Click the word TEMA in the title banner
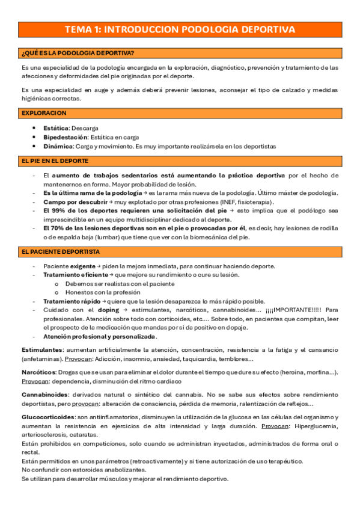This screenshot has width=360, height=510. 79,29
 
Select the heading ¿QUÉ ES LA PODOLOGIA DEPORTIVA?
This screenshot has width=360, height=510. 78,53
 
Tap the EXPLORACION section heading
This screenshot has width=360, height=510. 43,113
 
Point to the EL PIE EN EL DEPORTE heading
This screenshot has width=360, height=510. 55,161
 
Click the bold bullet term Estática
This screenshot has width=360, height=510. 56,128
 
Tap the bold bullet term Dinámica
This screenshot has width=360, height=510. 58,146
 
